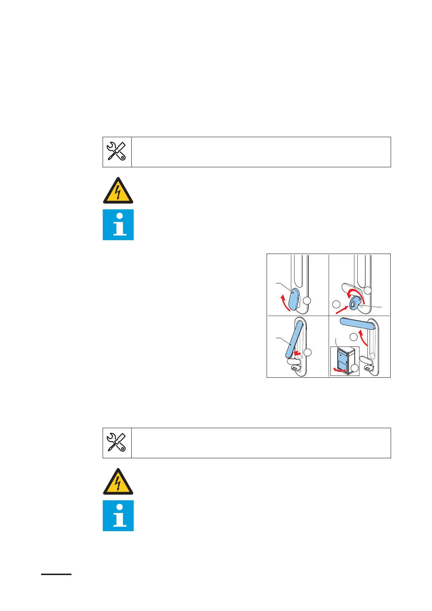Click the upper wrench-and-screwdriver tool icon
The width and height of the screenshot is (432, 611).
point(117,152)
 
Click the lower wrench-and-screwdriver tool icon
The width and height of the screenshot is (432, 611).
point(117,443)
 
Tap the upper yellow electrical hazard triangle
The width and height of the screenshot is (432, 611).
point(118,191)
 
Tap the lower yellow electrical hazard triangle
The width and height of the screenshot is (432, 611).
point(118,482)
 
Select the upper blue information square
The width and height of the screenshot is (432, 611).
point(118,225)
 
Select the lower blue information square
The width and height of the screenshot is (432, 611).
point(118,516)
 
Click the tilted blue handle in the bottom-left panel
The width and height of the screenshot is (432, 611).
point(293,340)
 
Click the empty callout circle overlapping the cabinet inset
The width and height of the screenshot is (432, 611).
point(354,368)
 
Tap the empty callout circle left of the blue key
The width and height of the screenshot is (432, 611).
point(336,304)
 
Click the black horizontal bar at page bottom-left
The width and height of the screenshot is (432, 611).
point(56,574)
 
